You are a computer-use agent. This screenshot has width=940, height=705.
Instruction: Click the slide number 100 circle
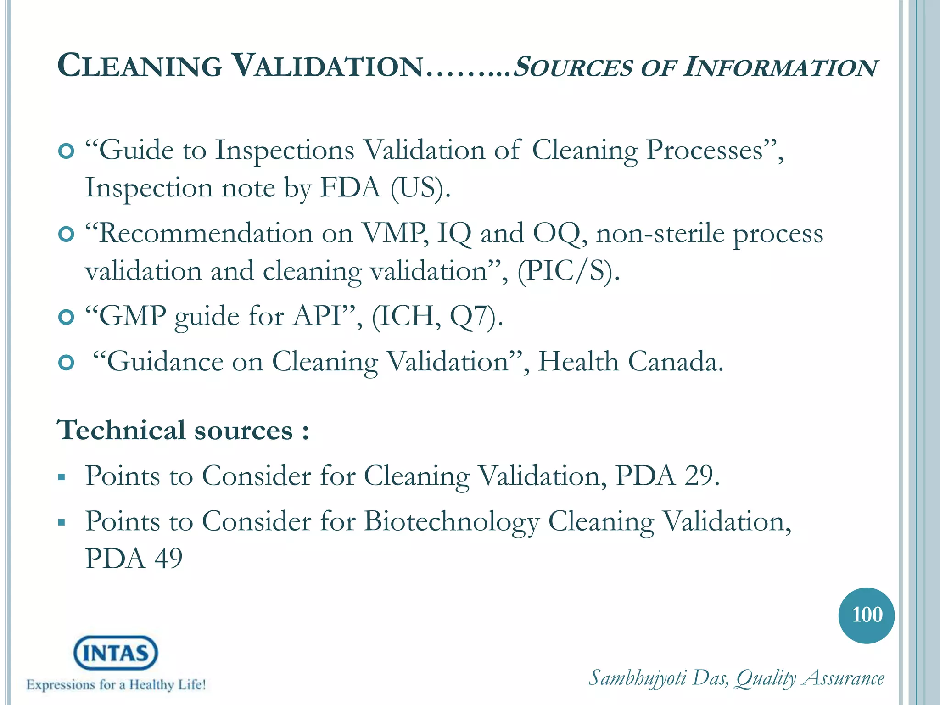pyautogui.click(x=866, y=615)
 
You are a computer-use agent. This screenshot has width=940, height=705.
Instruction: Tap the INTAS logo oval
pyautogui.click(x=116, y=653)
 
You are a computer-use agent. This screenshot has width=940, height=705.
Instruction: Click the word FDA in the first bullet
pyautogui.click(x=350, y=188)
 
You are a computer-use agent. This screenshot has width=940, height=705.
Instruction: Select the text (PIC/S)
pyautogui.click(x=568, y=271)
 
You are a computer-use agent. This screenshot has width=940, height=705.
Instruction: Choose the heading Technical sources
pyautogui.click(x=183, y=431)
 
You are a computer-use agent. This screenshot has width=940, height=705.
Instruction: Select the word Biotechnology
pyautogui.click(x=452, y=522)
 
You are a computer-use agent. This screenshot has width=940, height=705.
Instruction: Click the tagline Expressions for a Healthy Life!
pyautogui.click(x=116, y=685)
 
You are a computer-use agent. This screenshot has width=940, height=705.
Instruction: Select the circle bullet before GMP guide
pyautogui.click(x=67, y=317)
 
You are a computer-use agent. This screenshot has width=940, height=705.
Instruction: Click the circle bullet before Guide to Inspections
pyautogui.click(x=67, y=151)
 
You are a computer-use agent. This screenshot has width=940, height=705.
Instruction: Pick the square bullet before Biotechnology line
pyautogui.click(x=62, y=522)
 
